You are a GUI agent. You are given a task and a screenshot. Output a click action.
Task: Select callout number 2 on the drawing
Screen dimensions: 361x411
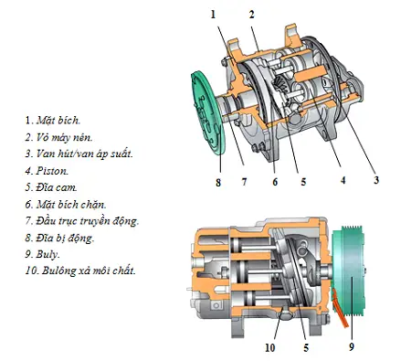(x=251, y=14)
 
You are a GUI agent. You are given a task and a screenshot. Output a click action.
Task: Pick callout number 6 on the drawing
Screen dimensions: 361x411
(x=273, y=181)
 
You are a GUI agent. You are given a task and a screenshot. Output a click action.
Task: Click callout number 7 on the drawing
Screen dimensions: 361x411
(x=244, y=181)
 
